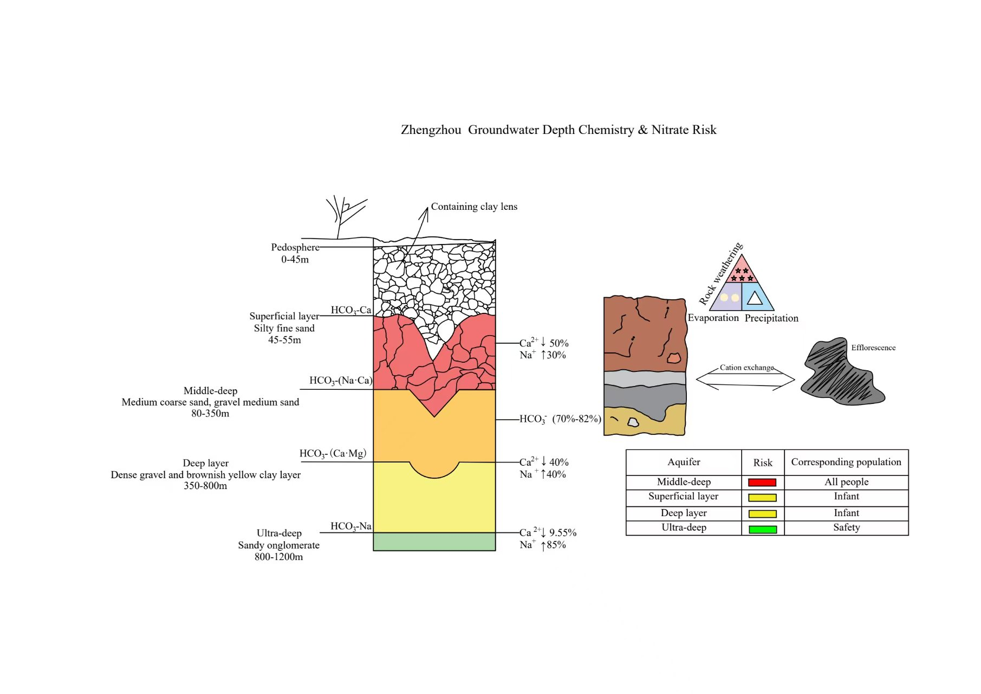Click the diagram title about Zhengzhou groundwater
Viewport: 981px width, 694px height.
(x=558, y=130)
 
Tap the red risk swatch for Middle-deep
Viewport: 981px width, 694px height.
(x=762, y=482)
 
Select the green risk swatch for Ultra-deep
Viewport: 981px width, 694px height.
(x=762, y=529)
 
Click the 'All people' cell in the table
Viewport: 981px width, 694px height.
(x=846, y=482)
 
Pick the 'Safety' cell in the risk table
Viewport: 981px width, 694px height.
(x=846, y=528)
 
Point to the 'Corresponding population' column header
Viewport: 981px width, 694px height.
(x=846, y=462)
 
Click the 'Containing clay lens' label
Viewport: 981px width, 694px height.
(x=474, y=207)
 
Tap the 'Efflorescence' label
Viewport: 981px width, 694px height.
(x=873, y=348)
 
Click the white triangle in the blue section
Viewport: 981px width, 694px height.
(x=755, y=297)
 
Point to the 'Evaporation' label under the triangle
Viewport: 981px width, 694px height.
(x=713, y=318)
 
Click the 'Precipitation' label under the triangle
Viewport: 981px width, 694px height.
(x=771, y=318)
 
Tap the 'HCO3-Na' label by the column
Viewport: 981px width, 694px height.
(x=351, y=526)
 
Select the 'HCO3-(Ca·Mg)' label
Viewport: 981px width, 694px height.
(x=333, y=453)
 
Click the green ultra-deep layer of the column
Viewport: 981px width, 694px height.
(x=434, y=542)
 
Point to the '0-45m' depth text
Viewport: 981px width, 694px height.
(x=295, y=260)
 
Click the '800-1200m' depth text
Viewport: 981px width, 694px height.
(x=278, y=557)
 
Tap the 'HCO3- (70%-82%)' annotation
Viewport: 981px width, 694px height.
(x=560, y=419)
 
